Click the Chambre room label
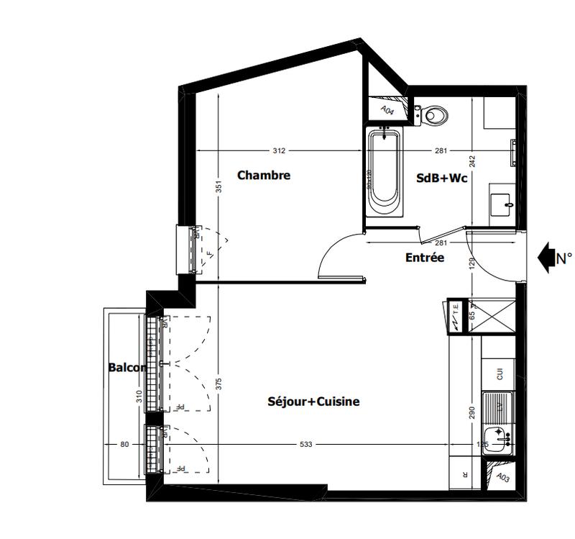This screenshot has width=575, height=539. point(264,175)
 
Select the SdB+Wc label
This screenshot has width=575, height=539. point(442,178)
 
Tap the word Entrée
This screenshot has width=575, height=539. point(425,258)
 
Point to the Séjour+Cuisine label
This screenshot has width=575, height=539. point(313,402)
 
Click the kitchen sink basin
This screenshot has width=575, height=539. point(497,437)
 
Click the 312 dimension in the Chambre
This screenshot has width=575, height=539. point(279,151)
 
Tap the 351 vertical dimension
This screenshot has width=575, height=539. point(219,186)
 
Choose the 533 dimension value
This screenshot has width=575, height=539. point(306,445)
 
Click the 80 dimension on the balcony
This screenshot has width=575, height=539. point(124,445)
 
